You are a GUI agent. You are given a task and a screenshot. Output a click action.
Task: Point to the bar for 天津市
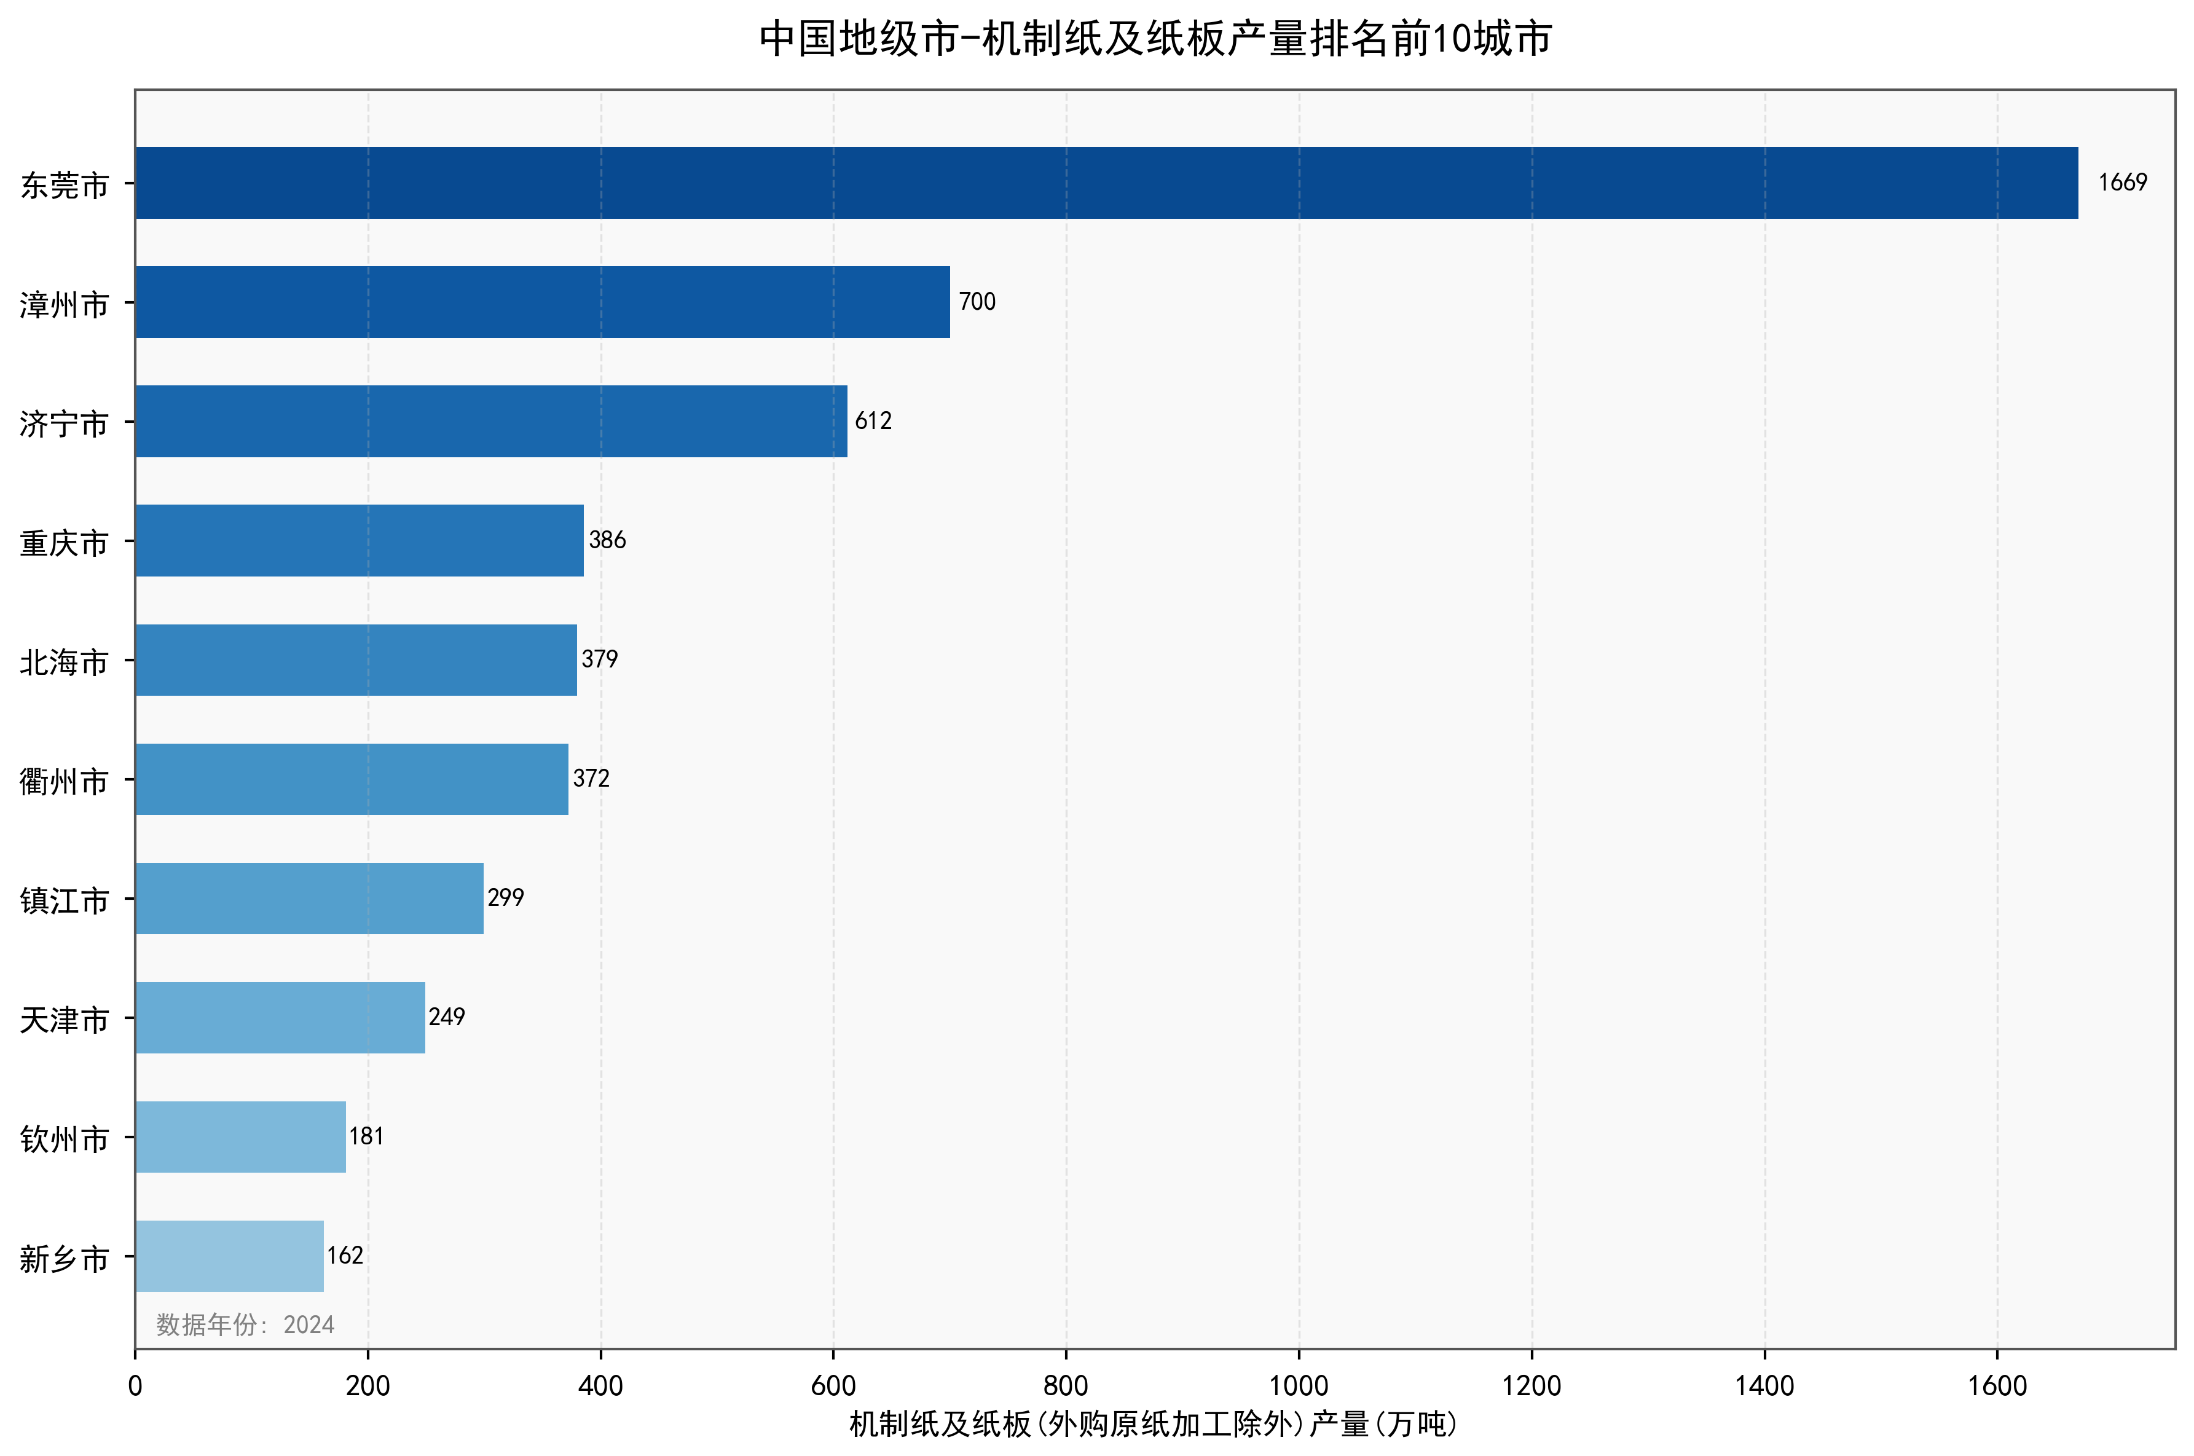[280, 1018]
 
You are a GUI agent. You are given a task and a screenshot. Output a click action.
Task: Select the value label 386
[607, 540]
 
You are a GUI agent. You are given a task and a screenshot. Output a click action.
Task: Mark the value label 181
[366, 1136]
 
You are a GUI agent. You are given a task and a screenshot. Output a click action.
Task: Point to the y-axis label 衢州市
[64, 782]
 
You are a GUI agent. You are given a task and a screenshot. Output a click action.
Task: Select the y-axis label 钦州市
[64, 1139]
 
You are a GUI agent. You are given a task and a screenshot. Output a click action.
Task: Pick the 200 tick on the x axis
[368, 1387]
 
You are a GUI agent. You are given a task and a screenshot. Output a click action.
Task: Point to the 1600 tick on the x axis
[1997, 1387]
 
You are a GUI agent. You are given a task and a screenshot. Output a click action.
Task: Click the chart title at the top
[1155, 39]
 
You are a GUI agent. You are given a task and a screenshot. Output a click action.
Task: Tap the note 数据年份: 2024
[245, 1324]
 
